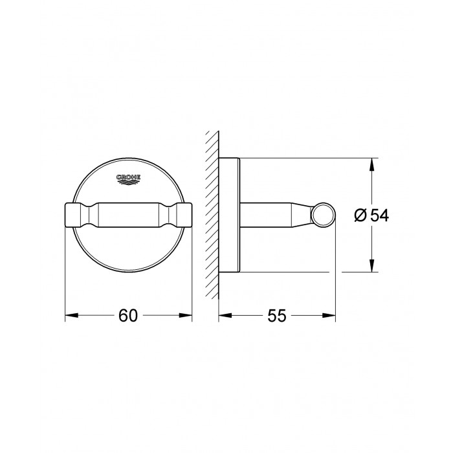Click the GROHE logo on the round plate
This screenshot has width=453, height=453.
click(128, 179)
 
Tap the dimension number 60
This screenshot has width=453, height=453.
click(128, 316)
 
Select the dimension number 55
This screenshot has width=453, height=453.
click(276, 316)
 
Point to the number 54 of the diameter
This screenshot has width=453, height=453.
click(379, 215)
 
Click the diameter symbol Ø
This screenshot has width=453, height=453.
click(360, 215)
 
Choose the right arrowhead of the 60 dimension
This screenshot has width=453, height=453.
click(185, 316)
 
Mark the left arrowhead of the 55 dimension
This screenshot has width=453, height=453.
click(225, 316)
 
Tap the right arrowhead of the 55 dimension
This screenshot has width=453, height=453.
click(329, 316)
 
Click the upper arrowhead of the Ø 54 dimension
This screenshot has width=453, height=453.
click(372, 164)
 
